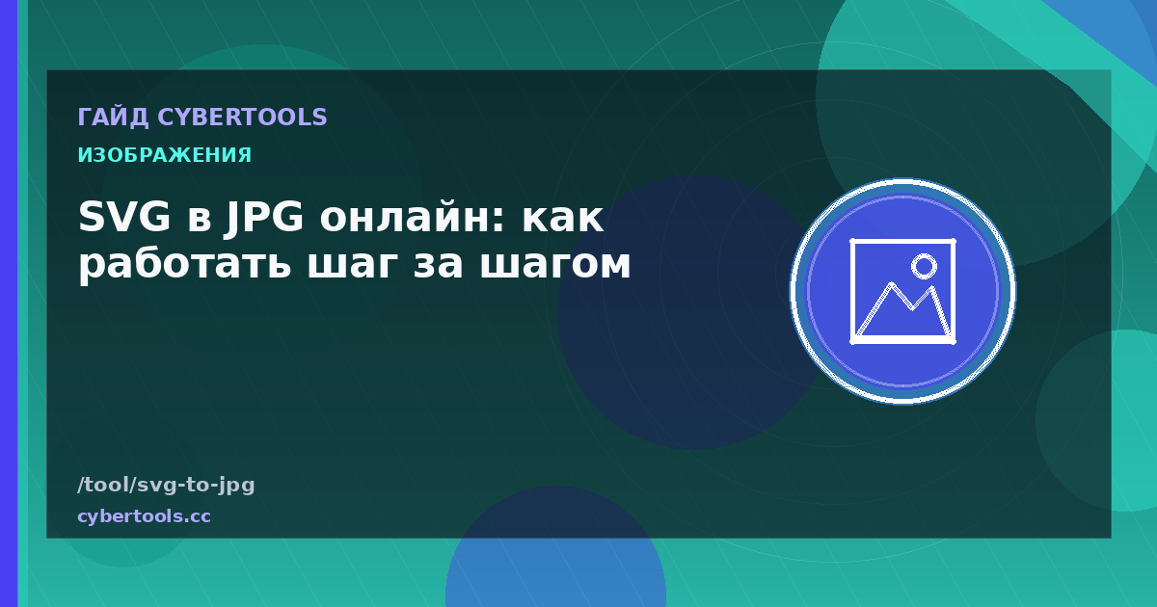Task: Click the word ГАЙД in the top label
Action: (113, 118)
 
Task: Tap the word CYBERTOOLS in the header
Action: (242, 118)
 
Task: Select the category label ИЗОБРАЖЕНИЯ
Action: (165, 155)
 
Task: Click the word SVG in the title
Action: (124, 217)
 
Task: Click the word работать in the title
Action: (184, 263)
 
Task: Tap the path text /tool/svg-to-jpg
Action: (166, 486)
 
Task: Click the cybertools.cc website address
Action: (144, 516)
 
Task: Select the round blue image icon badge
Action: (902, 291)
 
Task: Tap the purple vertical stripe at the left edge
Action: (9, 303)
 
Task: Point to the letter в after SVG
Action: (200, 220)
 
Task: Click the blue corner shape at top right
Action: (1116, 26)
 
